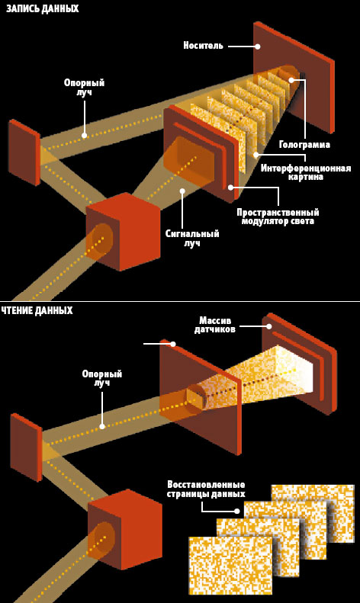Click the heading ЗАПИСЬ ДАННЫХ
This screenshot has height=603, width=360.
42,8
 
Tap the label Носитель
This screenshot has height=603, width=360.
203,46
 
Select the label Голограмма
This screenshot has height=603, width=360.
304,145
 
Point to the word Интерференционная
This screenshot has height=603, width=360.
306,168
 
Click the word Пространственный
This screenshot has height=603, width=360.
278,212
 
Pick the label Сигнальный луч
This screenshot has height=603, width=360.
192,238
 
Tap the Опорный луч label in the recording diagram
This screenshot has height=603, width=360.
84,88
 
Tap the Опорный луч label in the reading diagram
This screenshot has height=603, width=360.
101,378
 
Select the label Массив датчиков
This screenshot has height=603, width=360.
214,325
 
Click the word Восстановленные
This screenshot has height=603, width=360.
206,485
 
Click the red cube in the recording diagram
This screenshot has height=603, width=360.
123,232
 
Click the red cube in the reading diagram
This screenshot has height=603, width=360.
125,529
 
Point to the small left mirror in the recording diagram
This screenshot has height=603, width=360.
24,152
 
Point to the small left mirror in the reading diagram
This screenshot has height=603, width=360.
26,447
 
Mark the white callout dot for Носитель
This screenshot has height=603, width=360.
258,47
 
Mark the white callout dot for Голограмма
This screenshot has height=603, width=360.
291,80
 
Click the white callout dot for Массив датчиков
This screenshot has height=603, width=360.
269,326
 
